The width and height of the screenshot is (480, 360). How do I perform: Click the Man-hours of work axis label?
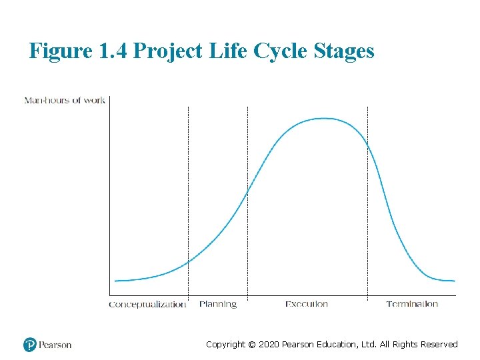point(65,101)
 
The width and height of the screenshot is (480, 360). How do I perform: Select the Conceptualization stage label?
point(147,305)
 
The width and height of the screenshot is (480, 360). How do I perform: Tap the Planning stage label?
point(218,304)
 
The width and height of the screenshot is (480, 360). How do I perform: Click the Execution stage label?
point(307,304)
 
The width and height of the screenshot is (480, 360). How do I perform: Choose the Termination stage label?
point(412,304)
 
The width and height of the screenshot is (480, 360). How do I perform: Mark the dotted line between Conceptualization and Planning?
point(188,200)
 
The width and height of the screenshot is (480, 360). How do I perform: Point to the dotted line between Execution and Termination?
point(367,200)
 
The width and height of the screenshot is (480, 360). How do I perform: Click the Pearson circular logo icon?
point(30,345)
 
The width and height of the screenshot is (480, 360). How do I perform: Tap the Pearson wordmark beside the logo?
point(55,345)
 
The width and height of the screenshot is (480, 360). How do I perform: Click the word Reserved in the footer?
point(439,345)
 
